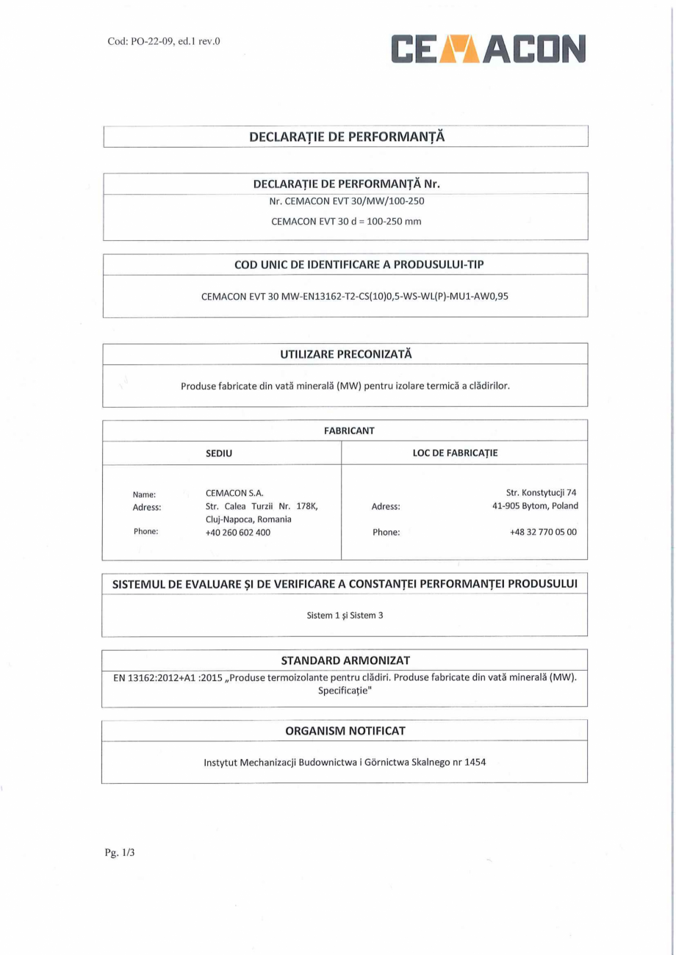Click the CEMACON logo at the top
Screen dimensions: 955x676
point(488,50)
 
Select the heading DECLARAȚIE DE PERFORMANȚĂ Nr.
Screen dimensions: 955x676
point(345,183)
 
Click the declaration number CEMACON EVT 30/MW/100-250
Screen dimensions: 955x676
point(345,201)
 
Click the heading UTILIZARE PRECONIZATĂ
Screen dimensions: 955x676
point(345,353)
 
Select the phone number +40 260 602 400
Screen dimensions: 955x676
point(237,532)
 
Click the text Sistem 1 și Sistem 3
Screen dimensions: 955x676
point(345,616)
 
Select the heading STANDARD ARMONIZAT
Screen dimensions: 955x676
point(345,660)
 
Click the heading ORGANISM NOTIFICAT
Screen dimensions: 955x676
point(345,730)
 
